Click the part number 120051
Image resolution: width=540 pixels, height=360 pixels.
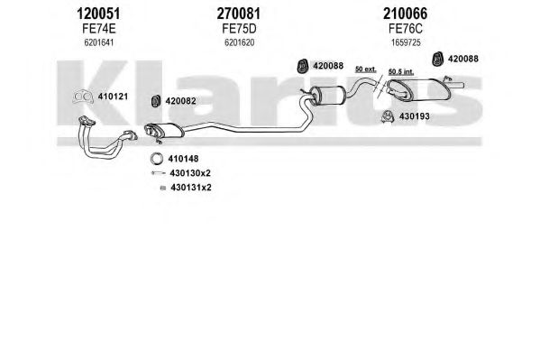coord(98,14)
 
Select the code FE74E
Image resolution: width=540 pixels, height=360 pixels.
coord(99,29)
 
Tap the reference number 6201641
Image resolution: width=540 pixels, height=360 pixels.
coord(99,42)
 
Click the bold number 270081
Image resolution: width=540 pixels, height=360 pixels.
coord(239,14)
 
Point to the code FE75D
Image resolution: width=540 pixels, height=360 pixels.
coord(239,29)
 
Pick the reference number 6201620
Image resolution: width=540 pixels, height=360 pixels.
coord(240,42)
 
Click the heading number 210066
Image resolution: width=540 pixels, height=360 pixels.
coord(405,14)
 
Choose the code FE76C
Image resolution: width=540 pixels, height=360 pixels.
coord(406,29)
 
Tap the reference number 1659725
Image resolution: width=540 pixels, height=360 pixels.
coord(406,42)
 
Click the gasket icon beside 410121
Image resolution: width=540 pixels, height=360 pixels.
coord(83,97)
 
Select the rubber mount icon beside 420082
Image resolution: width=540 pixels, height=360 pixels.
coord(156,101)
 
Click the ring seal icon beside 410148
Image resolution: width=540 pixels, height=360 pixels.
coord(157,159)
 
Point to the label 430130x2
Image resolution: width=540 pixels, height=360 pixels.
coord(190,173)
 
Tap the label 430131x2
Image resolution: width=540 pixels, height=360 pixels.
coord(191,188)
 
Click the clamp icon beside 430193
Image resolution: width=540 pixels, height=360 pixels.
coord(388,117)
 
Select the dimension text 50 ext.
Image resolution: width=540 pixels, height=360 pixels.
coord(366,69)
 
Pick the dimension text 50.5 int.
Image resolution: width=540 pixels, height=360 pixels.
coord(401,71)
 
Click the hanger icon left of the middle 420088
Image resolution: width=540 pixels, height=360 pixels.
coord(302,66)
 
